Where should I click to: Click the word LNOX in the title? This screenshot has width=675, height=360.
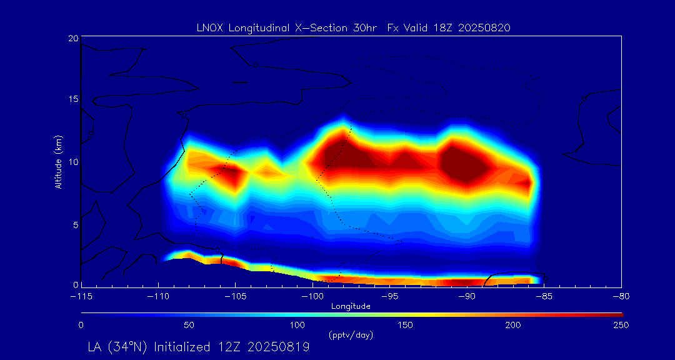(209, 27)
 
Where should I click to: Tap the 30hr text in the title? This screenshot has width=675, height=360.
(361, 27)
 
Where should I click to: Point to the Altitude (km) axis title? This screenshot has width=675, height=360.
(59, 161)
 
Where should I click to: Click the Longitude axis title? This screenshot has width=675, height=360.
(351, 306)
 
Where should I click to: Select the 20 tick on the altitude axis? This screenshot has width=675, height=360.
(73, 38)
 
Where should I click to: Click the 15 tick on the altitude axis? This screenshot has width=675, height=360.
(73, 100)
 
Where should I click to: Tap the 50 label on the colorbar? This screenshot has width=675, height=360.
(189, 325)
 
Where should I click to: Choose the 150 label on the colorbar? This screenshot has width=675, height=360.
(406, 325)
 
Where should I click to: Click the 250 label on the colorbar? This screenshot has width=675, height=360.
(621, 325)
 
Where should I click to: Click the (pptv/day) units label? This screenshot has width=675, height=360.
(351, 335)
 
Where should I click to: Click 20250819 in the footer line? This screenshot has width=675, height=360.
(278, 347)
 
